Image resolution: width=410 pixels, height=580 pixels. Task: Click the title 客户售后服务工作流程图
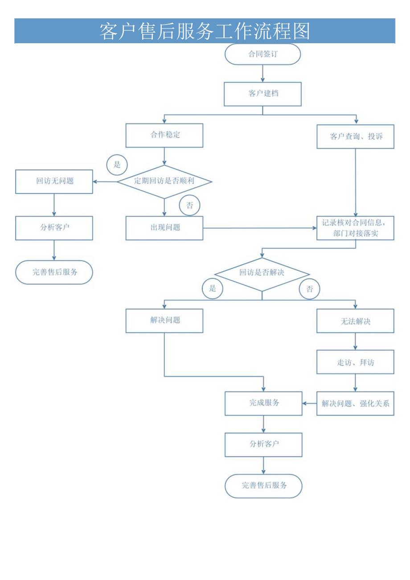[205, 31]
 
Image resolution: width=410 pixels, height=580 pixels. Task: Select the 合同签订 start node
[262, 54]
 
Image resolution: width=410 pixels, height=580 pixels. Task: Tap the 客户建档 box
[262, 94]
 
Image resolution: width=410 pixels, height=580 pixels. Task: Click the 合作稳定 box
[164, 136]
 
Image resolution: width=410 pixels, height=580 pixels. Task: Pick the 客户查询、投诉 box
[355, 136]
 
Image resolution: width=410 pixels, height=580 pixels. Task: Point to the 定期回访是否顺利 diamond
[164, 181]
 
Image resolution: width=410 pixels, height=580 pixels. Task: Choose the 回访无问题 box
[54, 181]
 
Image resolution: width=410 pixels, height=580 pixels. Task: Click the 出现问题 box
[164, 228]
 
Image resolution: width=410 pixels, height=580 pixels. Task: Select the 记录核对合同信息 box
[355, 228]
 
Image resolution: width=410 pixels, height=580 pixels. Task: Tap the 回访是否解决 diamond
[262, 273]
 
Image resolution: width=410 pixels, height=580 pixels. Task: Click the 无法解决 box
[355, 321]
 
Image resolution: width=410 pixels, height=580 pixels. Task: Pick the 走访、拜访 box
[355, 362]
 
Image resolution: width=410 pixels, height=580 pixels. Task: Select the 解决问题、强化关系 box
[355, 403]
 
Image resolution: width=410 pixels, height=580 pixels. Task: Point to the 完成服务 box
[263, 403]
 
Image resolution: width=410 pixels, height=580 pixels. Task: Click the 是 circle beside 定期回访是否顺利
[117, 165]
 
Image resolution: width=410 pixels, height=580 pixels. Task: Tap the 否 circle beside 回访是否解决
[310, 289]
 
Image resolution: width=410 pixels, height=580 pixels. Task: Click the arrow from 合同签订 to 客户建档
[262, 73]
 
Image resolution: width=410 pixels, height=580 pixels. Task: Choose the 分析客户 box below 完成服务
[263, 444]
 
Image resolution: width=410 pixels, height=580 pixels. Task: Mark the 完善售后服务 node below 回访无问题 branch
[54, 272]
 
